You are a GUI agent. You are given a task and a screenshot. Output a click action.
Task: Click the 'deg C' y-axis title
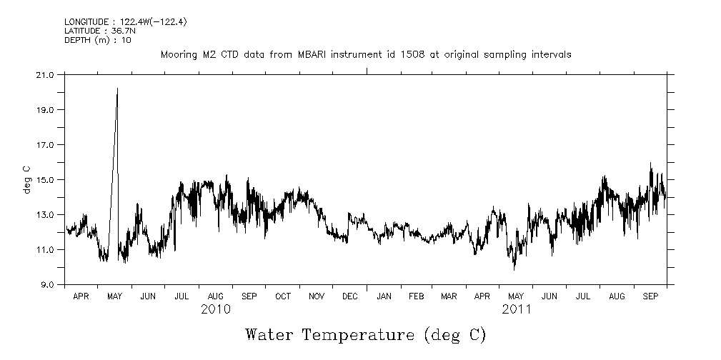pyautogui.click(x=27, y=179)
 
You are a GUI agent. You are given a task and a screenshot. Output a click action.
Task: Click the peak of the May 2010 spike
pyautogui.click(x=117, y=89)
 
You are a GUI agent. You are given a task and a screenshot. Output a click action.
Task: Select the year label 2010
pyautogui.click(x=215, y=309)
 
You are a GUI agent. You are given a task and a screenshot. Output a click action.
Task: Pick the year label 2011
pyautogui.click(x=516, y=309)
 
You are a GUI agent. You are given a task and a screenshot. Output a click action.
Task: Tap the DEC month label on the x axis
pyautogui.click(x=350, y=296)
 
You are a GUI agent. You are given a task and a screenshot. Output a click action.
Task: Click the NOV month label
pyautogui.click(x=317, y=296)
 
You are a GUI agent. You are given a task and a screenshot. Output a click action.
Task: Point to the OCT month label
pyautogui.click(x=283, y=296)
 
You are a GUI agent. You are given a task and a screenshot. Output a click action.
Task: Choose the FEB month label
pyautogui.click(x=416, y=296)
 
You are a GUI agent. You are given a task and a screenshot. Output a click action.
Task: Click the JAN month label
pyautogui.click(x=384, y=296)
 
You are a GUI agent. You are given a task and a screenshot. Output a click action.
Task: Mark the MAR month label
pyautogui.click(x=449, y=296)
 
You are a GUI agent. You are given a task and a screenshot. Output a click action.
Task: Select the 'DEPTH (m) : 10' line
pyautogui.click(x=94, y=39)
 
